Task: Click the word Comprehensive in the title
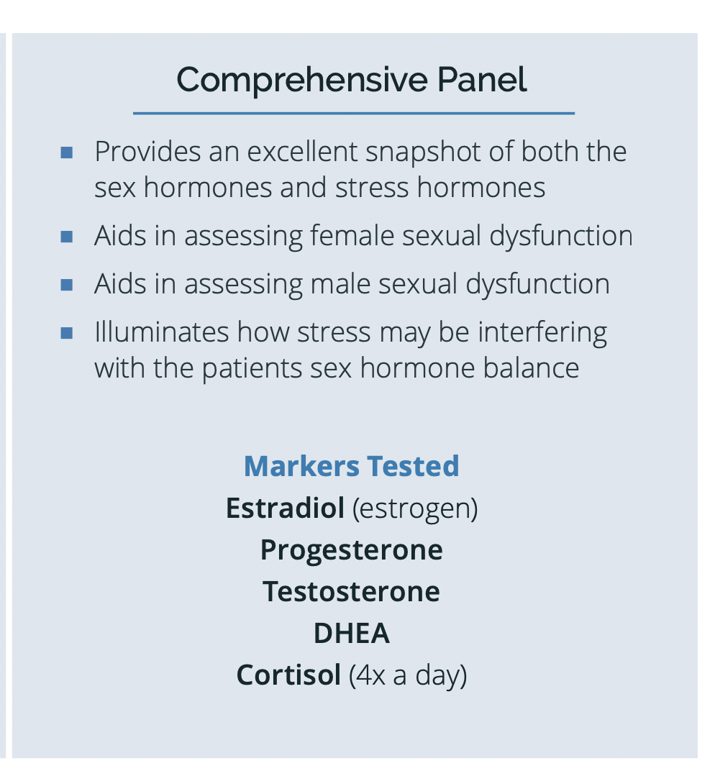click(302, 80)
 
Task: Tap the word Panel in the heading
click(482, 79)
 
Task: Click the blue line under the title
click(354, 113)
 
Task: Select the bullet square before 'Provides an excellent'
click(67, 152)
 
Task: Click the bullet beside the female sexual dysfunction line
click(67, 237)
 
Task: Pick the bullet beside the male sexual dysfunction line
click(67, 286)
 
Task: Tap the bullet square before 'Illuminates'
click(67, 334)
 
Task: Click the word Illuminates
click(162, 332)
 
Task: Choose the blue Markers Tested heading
click(352, 466)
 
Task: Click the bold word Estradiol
click(286, 508)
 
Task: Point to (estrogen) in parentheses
click(415, 509)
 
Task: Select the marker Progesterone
click(352, 551)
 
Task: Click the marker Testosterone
click(352, 591)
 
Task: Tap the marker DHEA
click(352, 634)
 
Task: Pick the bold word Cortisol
click(288, 675)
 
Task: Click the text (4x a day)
click(408, 676)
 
